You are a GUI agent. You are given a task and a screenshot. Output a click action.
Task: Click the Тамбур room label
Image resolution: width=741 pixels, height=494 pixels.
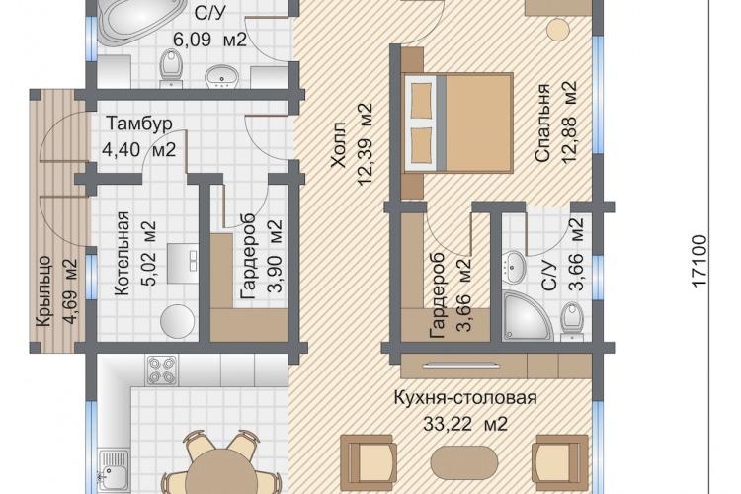click(139, 123)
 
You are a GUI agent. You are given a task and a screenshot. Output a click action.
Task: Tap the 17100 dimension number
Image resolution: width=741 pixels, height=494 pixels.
click(699, 261)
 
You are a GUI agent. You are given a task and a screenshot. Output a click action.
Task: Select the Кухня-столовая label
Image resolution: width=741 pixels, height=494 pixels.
click(465, 398)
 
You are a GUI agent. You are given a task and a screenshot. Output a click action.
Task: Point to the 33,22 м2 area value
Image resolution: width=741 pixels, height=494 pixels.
click(465, 424)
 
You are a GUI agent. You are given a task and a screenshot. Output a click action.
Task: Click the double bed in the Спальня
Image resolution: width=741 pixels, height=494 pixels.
click(457, 123)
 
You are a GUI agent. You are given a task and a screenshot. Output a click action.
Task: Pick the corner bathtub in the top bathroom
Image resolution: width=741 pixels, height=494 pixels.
click(140, 22)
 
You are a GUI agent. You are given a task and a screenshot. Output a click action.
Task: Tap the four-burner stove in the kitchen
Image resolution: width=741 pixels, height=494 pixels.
click(162, 370)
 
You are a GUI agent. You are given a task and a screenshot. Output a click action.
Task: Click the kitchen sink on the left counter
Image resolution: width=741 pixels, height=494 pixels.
click(114, 470)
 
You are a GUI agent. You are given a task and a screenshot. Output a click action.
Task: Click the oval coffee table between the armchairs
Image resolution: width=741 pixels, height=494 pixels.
click(464, 463)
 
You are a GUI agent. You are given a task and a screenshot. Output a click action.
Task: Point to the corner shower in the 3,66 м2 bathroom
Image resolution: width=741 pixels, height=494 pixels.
click(527, 316)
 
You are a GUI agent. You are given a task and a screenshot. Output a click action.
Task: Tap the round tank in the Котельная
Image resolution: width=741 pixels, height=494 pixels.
click(177, 321)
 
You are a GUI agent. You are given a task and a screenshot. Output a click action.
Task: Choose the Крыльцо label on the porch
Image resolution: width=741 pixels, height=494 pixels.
click(43, 291)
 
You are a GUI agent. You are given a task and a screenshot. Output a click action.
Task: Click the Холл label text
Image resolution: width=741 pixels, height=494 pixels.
click(338, 144)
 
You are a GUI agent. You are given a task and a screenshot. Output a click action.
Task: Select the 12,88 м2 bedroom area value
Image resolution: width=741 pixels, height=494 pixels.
click(569, 123)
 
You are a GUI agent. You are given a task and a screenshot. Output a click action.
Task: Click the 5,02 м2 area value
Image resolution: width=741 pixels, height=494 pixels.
click(148, 253)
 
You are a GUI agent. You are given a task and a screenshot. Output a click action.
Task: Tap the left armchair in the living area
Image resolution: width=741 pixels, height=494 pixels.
click(369, 462)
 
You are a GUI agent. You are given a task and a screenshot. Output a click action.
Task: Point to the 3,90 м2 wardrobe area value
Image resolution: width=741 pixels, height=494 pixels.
click(275, 255)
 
